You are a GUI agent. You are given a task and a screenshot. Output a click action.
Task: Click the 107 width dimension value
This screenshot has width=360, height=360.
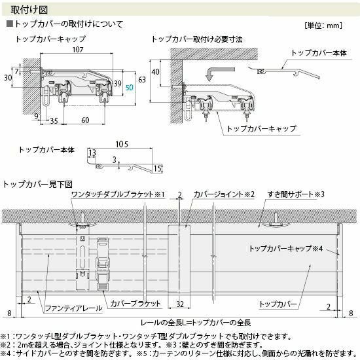pyautogui.click(x=78, y=49)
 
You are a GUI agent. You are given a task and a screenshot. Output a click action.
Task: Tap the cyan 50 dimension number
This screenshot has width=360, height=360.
pyautogui.click(x=129, y=87)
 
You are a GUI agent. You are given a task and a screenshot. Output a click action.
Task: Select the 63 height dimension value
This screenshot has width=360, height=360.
pyautogui.click(x=142, y=79)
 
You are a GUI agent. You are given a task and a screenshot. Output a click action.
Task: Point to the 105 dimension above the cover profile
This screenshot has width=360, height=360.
pyautogui.click(x=122, y=144)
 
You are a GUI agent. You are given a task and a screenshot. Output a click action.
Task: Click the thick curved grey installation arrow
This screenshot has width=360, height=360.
pyautogui.click(x=218, y=72)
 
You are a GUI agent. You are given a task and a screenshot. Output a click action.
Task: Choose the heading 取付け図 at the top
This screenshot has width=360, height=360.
pyautogui.click(x=29, y=10)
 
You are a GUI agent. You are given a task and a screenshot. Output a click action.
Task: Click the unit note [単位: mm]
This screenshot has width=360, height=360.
pyautogui.click(x=323, y=26)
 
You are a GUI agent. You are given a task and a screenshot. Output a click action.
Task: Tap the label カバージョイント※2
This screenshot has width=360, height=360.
pyautogui.click(x=224, y=194)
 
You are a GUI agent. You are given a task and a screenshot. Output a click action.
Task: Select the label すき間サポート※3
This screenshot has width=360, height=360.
pyautogui.click(x=296, y=194)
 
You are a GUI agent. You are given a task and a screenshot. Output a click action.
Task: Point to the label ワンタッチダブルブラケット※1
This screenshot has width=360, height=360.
pyautogui.click(x=118, y=194)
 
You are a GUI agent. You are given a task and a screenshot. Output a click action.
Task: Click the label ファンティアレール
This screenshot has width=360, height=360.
pyautogui.click(x=73, y=308)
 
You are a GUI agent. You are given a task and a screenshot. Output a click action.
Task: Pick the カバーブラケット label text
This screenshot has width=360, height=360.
pyautogui.click(x=135, y=304)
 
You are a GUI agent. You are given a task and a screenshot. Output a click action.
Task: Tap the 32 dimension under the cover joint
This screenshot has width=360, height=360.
pyautogui.click(x=180, y=304)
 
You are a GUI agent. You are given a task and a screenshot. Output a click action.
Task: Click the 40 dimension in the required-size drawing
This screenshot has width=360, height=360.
pyautogui.click(x=155, y=72)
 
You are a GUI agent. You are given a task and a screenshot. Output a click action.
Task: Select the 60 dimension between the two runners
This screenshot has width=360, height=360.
pyautogui.click(x=85, y=120)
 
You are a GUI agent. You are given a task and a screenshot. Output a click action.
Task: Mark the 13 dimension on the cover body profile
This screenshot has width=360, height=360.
pyautogui.click(x=92, y=153)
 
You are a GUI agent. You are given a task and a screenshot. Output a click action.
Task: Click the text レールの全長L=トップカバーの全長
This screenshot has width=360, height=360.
pyautogui.click(x=196, y=323)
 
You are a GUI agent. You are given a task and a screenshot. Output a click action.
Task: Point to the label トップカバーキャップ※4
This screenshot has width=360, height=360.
pyautogui.click(x=286, y=249)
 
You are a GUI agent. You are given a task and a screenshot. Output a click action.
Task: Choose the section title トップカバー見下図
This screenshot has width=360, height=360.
pyautogui.click(x=37, y=184)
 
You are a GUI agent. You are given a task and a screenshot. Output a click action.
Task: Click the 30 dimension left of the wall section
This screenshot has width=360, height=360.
pyautogui.click(x=8, y=78)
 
